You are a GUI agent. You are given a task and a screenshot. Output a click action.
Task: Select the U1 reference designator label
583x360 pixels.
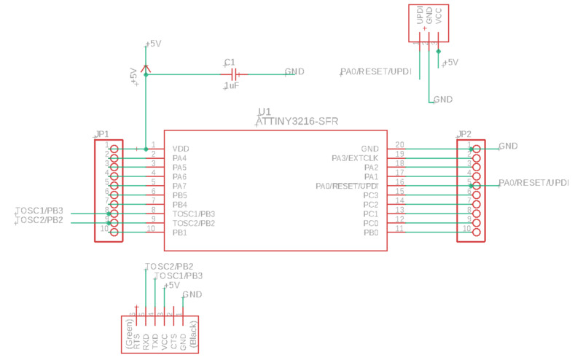coord(265,112)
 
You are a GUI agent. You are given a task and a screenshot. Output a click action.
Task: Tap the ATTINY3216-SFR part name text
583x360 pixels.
coord(297,122)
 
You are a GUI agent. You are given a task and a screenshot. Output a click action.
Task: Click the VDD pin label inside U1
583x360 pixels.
coord(181,149)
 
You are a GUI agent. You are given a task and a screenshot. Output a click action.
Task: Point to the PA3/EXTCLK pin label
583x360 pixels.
coord(354,158)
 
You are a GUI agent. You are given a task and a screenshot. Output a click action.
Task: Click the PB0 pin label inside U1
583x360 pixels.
coord(371,232)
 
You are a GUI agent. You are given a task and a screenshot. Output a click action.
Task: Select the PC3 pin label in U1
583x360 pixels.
coord(371,195)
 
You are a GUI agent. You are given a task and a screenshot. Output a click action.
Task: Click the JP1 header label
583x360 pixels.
coord(102,135)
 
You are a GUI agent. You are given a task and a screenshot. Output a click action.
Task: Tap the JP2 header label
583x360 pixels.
coord(464,135)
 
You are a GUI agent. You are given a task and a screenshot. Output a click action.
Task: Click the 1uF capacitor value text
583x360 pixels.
coord(232,86)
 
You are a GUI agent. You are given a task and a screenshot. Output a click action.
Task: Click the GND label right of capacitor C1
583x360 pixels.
coord(294,71)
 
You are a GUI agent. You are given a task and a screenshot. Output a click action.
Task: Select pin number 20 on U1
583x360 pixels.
coord(399,145)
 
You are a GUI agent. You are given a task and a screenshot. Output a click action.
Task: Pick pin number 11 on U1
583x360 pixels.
coord(399,229)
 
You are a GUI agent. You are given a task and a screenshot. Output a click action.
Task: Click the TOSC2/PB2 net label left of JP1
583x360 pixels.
coord(39,220)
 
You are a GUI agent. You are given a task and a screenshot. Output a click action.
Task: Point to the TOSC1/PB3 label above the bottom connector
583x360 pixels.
coord(179,276)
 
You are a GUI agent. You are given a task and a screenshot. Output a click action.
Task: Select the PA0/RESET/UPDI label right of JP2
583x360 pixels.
coord(533,182)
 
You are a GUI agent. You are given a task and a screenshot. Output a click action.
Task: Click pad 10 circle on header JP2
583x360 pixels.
coord(477,232)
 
